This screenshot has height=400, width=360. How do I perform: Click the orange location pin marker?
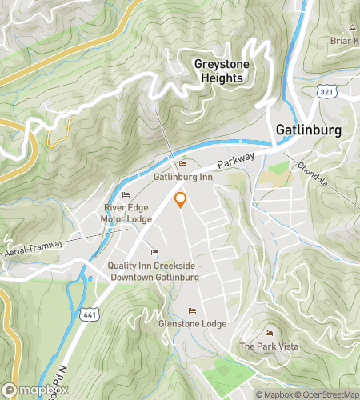180,200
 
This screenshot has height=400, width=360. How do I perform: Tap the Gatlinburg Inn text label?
182,175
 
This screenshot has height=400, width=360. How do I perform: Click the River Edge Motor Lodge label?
126,214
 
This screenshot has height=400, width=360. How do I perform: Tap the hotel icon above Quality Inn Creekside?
154,254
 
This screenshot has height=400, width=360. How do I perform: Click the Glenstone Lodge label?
192,323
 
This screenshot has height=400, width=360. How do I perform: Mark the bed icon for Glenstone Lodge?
191,311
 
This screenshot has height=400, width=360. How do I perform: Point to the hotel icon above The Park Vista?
268,334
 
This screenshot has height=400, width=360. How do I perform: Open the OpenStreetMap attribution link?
328,394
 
